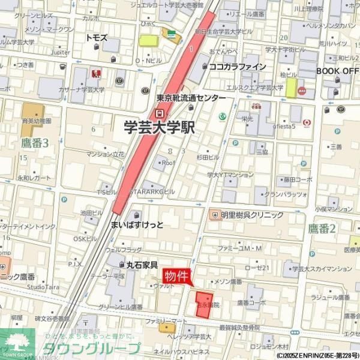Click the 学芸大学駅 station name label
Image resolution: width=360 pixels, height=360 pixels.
(x=159, y=127)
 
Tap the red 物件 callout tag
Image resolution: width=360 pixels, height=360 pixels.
(x=176, y=275)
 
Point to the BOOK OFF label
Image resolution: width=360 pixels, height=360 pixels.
(x=337, y=70)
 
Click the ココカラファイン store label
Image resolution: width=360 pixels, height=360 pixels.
(x=237, y=67)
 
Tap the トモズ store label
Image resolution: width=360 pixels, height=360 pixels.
(x=96, y=37)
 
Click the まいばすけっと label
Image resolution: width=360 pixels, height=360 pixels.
(x=137, y=224)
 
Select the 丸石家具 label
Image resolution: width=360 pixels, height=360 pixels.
(x=142, y=264)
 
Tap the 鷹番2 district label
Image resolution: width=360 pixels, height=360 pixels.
(x=322, y=227)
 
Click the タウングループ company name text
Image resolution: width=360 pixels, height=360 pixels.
(x=90, y=348)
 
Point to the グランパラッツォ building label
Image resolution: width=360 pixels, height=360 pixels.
(x=285, y=195)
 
